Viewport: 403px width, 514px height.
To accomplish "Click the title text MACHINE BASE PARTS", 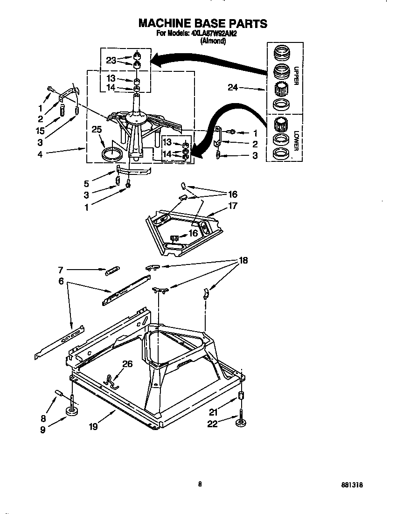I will (x=202, y=23).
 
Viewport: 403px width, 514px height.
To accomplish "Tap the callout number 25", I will (x=97, y=129).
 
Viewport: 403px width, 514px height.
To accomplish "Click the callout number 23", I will (x=111, y=60).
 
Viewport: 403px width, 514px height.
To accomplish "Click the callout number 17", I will (x=233, y=205).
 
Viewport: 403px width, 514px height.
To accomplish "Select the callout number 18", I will (x=243, y=260).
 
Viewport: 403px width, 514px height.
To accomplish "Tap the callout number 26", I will (x=127, y=364).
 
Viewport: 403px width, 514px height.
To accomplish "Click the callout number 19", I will (x=93, y=426).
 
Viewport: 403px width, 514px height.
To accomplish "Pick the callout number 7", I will (x=61, y=270).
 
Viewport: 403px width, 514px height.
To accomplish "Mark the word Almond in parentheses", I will (x=213, y=41).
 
